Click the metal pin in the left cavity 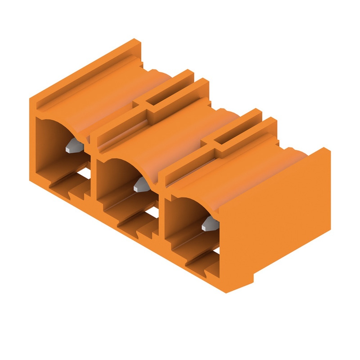point(73,148)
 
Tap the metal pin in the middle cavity point(141,185)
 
